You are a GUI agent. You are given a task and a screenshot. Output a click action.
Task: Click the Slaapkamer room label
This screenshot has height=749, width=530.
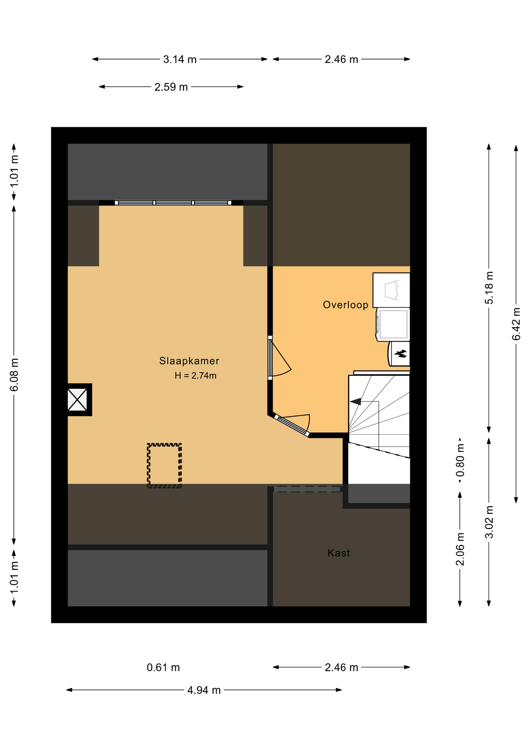[189, 361]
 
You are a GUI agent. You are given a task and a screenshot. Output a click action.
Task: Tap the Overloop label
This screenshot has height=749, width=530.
[345, 305]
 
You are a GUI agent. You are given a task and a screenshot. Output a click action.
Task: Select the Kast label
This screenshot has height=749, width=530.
[338, 553]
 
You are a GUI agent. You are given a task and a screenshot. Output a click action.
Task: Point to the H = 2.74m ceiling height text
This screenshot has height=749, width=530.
[195, 376]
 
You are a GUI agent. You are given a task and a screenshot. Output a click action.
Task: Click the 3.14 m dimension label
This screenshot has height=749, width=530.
[180, 59]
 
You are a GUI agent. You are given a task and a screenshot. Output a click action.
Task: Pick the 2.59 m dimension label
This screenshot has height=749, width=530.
[171, 87]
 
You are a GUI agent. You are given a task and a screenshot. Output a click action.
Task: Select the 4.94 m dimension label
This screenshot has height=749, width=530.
[204, 690]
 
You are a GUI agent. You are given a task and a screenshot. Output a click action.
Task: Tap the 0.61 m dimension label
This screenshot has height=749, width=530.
[163, 667]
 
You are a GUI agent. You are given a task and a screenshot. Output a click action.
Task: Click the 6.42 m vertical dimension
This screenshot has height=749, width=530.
[516, 324]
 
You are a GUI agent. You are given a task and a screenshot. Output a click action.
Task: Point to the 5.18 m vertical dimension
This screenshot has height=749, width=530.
[489, 288]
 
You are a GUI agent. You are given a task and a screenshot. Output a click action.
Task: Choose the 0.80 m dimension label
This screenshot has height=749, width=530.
[460, 460]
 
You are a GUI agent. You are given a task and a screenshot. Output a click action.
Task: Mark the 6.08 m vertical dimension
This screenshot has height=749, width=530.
[14, 374]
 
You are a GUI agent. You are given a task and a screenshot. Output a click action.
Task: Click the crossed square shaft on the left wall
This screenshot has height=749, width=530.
[78, 399]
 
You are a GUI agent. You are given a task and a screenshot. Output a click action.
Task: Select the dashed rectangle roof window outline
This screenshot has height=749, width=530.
[164, 465]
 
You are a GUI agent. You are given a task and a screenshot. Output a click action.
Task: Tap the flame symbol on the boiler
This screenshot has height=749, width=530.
[401, 354]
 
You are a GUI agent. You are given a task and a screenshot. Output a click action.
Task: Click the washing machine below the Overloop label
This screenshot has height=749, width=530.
[393, 324]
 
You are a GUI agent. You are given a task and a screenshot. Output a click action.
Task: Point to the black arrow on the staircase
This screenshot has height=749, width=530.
[356, 401]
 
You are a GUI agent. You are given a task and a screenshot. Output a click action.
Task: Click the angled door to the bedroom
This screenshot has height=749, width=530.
[292, 425]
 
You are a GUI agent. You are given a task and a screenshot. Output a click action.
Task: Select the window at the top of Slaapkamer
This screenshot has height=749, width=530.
[173, 203]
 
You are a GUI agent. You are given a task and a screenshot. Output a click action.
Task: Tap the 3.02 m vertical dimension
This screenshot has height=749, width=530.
[489, 522]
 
